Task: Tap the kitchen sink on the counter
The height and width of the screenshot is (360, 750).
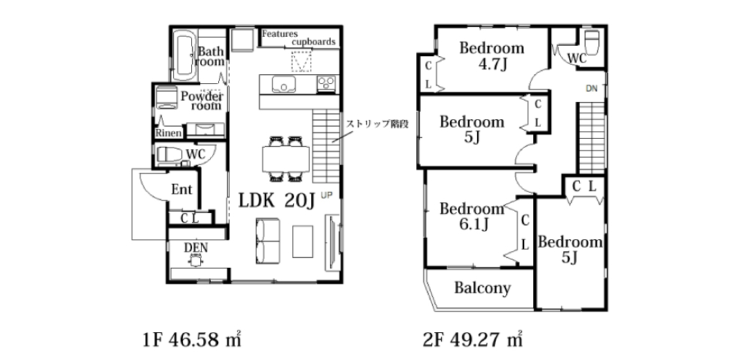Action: (x=284, y=84)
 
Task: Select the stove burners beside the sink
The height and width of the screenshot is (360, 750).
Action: (x=327, y=84)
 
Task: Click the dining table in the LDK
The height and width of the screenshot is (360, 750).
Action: (x=286, y=158)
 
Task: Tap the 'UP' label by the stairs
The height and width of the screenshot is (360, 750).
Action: (x=326, y=194)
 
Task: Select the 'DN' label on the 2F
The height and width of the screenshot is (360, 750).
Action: (x=592, y=88)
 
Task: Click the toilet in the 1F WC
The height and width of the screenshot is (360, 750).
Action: (x=169, y=155)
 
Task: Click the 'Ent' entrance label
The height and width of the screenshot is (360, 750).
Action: (x=181, y=189)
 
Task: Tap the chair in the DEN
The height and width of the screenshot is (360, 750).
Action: (x=195, y=260)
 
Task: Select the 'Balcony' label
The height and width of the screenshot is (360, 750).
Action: (x=482, y=288)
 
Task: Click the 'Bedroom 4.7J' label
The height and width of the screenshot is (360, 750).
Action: (x=492, y=55)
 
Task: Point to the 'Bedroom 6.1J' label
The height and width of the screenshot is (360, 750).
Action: (x=472, y=216)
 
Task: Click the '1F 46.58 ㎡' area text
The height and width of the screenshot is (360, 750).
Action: (x=192, y=340)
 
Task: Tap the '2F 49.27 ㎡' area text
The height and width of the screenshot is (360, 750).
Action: (x=472, y=340)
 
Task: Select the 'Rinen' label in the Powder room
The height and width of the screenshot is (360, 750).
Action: (x=169, y=133)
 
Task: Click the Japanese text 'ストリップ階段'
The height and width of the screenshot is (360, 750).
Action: (x=379, y=123)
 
